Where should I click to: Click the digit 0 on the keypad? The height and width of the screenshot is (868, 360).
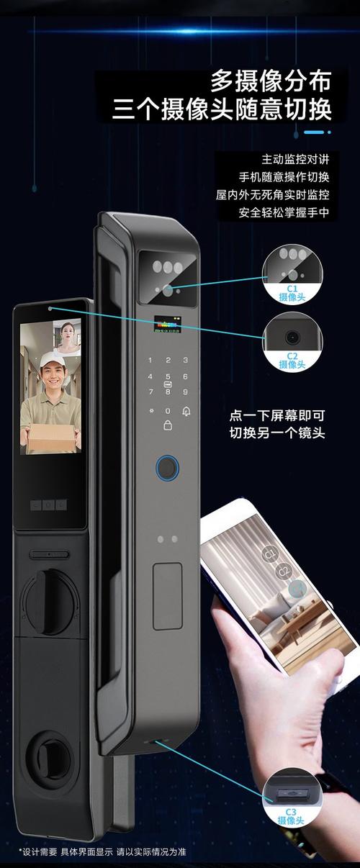coord(168,412)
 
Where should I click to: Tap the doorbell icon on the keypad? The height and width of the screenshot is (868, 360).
coord(186,412)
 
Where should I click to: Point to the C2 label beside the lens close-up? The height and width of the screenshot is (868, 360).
coord(292,356)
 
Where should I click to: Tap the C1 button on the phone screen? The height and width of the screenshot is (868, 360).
coord(271,553)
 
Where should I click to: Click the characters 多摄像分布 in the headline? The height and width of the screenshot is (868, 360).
coord(270,80)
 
